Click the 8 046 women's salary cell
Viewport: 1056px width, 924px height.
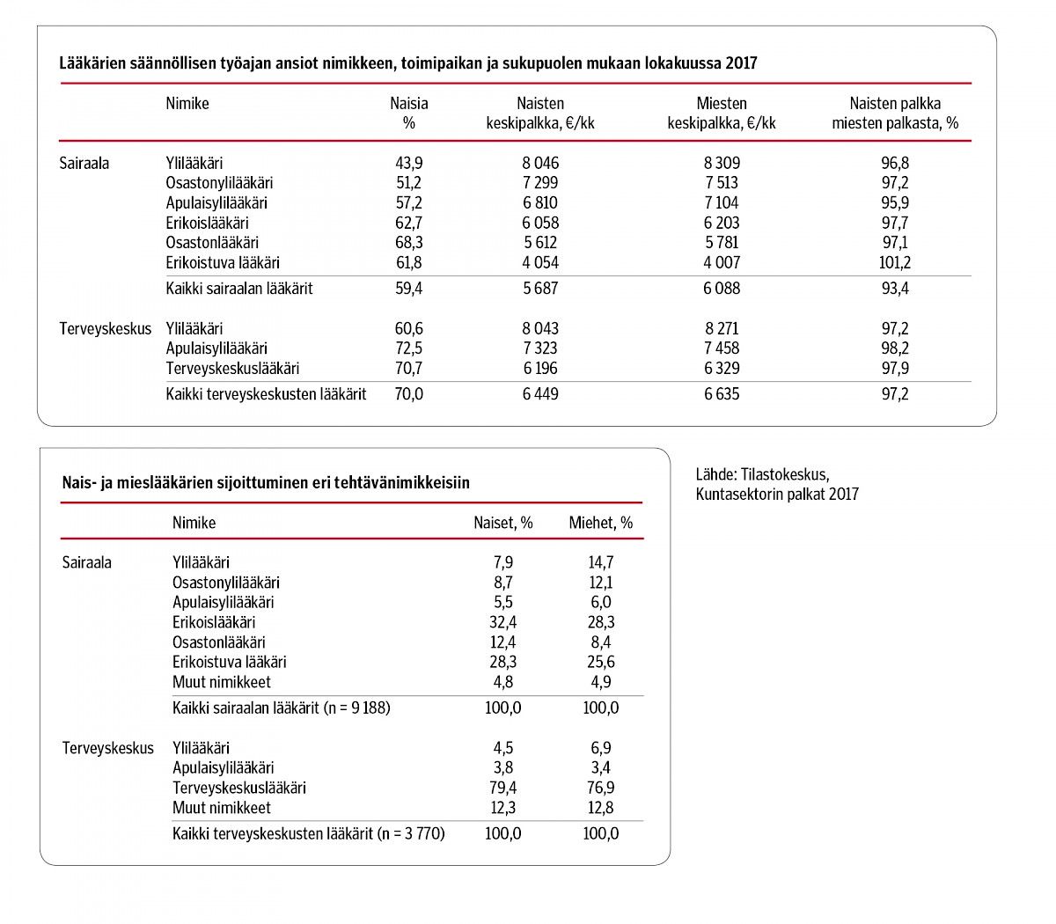[x=540, y=163]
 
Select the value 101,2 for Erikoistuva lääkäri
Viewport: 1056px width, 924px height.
[x=895, y=262]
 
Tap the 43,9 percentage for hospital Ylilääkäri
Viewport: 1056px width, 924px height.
[x=408, y=163]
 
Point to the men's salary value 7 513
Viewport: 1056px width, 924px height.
[x=721, y=183]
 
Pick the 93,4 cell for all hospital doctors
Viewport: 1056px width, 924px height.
[x=895, y=289]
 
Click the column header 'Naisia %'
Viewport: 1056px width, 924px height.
[x=408, y=114]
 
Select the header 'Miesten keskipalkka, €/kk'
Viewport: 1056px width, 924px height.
[x=722, y=114]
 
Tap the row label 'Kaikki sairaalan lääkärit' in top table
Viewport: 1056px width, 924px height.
[x=239, y=289]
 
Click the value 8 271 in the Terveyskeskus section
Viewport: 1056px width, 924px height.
[x=722, y=328]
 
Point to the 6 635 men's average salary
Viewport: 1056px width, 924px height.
[x=722, y=394]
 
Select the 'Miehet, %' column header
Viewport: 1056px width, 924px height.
[x=600, y=523]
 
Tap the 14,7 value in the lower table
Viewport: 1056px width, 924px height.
[x=600, y=562]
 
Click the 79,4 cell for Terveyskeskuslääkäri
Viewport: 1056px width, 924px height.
[x=503, y=788]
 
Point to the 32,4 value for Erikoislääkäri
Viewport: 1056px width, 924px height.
[x=503, y=622]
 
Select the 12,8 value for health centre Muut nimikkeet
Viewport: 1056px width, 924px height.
[x=600, y=808]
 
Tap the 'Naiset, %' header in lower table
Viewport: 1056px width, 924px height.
[x=503, y=523]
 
